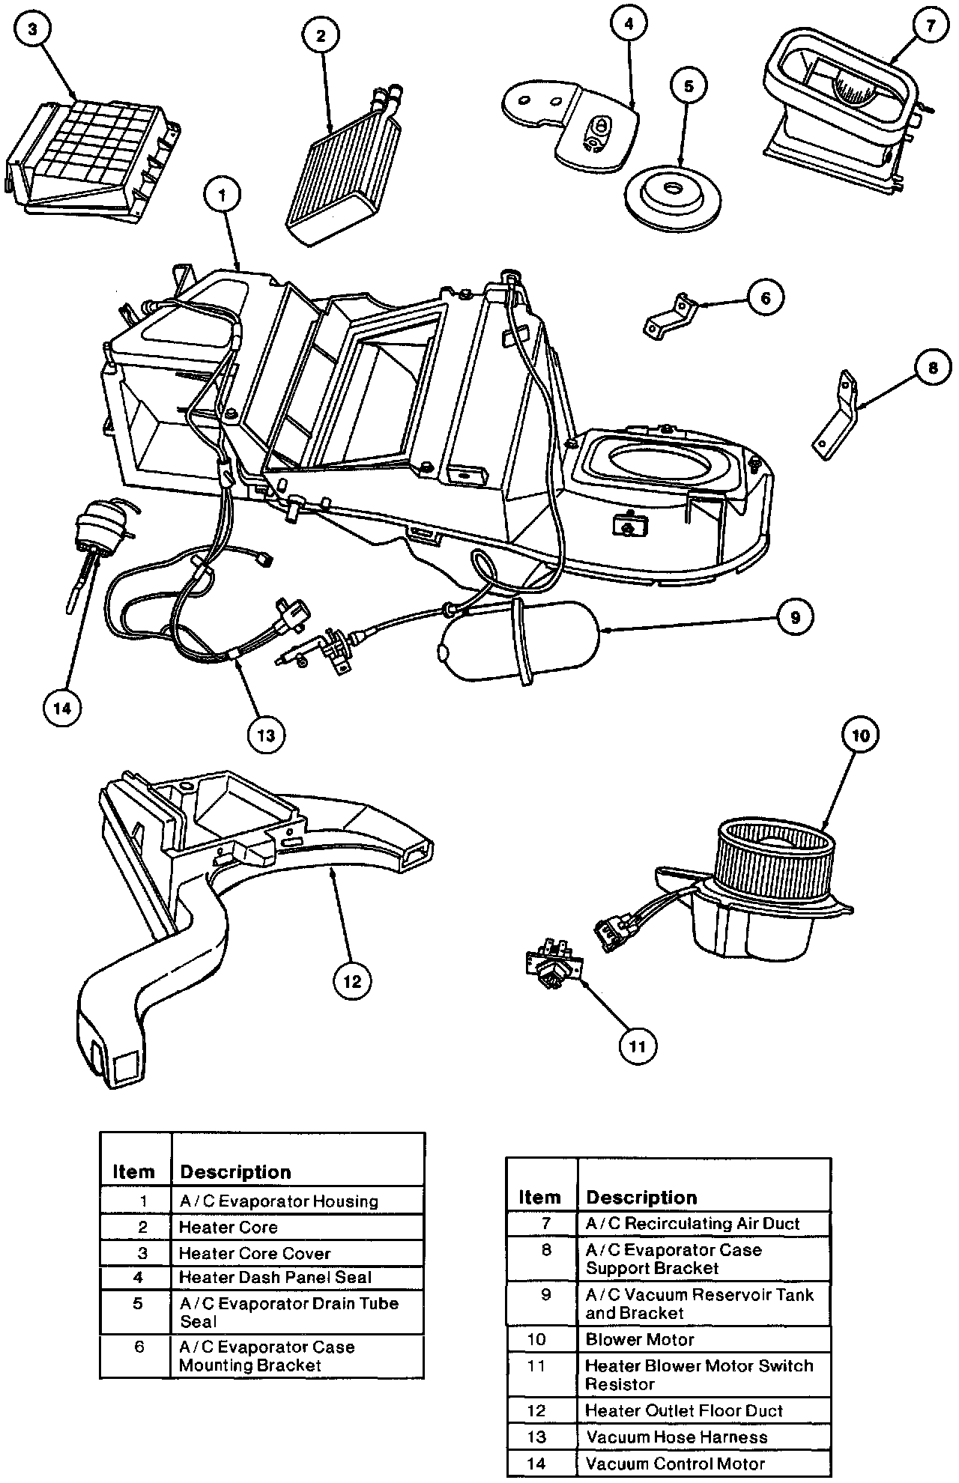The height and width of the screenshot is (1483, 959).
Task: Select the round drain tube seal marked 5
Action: (x=673, y=194)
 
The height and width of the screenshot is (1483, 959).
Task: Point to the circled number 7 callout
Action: (x=930, y=26)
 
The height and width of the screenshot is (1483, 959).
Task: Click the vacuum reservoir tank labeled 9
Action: (x=517, y=640)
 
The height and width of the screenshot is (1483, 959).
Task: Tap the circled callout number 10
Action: (x=861, y=736)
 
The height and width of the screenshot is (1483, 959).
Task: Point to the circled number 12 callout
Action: (x=352, y=981)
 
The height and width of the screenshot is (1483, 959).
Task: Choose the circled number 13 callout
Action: (x=266, y=735)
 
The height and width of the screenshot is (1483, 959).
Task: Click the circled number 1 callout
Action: (x=223, y=197)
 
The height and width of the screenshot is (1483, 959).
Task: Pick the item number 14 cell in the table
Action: (x=537, y=1463)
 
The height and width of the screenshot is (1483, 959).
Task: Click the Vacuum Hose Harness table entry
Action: (x=677, y=1437)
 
